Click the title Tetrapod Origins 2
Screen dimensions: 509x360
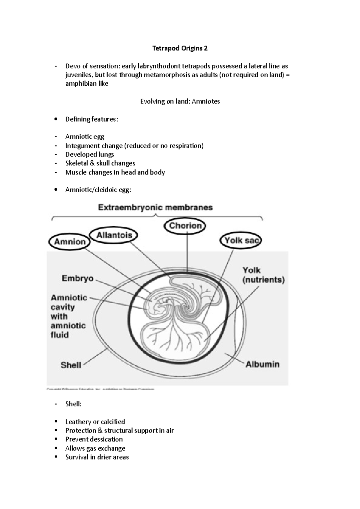(180, 48)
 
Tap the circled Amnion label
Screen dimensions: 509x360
(70, 242)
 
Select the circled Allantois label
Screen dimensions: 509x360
(114, 235)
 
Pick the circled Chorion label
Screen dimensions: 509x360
(185, 226)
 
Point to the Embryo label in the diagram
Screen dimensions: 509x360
(77, 278)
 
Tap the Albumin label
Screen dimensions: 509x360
(262, 364)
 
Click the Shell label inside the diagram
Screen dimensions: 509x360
(71, 365)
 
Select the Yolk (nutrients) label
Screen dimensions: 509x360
(263, 275)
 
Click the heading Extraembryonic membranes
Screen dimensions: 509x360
(155, 207)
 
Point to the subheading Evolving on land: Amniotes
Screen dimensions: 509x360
(180, 101)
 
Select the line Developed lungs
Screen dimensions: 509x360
(89, 154)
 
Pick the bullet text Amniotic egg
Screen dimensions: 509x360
(85, 137)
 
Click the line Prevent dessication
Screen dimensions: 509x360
(94, 439)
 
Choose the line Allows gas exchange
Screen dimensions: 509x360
(95, 448)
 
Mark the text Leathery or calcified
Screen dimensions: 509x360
(95, 422)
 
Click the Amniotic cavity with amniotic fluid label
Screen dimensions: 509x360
(68, 316)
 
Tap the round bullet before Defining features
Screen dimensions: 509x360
(55, 119)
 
